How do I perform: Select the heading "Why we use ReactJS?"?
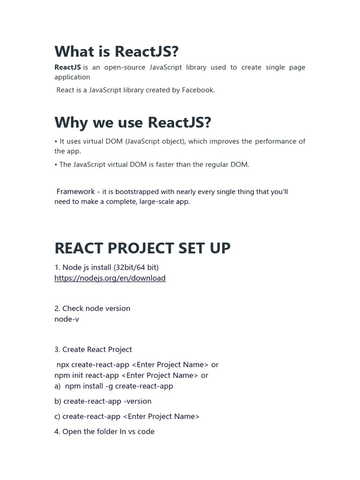click(133, 122)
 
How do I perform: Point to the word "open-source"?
click(124, 67)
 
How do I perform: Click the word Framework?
click(75, 191)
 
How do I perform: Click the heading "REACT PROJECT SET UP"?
click(142, 248)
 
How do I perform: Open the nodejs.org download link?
click(110, 278)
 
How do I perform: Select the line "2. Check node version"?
click(92, 308)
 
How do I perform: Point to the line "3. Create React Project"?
click(93, 349)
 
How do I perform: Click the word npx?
click(63, 365)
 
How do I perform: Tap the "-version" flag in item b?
click(136, 401)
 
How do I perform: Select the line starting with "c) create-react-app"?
click(127, 416)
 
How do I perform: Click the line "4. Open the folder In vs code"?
click(104, 431)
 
